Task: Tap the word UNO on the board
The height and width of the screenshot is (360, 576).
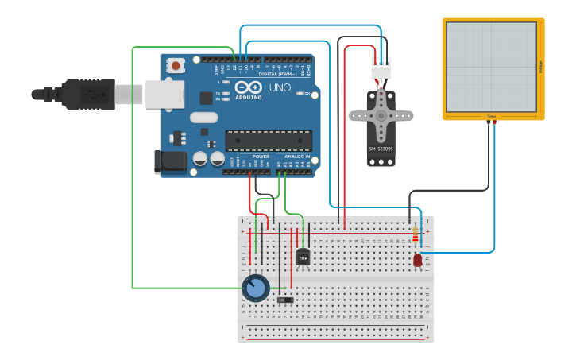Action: [280, 87]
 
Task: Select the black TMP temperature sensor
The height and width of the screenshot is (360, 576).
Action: [303, 257]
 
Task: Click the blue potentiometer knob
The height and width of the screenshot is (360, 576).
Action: [255, 288]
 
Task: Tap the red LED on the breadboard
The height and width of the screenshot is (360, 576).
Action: [418, 260]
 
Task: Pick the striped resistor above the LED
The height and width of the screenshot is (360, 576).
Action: [415, 235]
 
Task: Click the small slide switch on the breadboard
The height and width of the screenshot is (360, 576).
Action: [284, 300]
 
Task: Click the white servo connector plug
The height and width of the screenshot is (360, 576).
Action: [381, 72]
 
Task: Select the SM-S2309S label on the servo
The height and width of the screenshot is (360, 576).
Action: [381, 149]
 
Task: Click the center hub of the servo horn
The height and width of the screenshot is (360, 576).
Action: [381, 116]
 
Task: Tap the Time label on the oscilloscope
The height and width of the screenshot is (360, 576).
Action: [491, 116]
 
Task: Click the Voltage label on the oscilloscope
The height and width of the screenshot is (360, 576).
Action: [540, 68]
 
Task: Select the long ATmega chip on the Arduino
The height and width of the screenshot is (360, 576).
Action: [267, 141]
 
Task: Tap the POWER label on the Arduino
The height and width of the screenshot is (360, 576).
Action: [261, 157]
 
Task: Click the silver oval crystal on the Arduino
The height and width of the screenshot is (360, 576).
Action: [203, 118]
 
